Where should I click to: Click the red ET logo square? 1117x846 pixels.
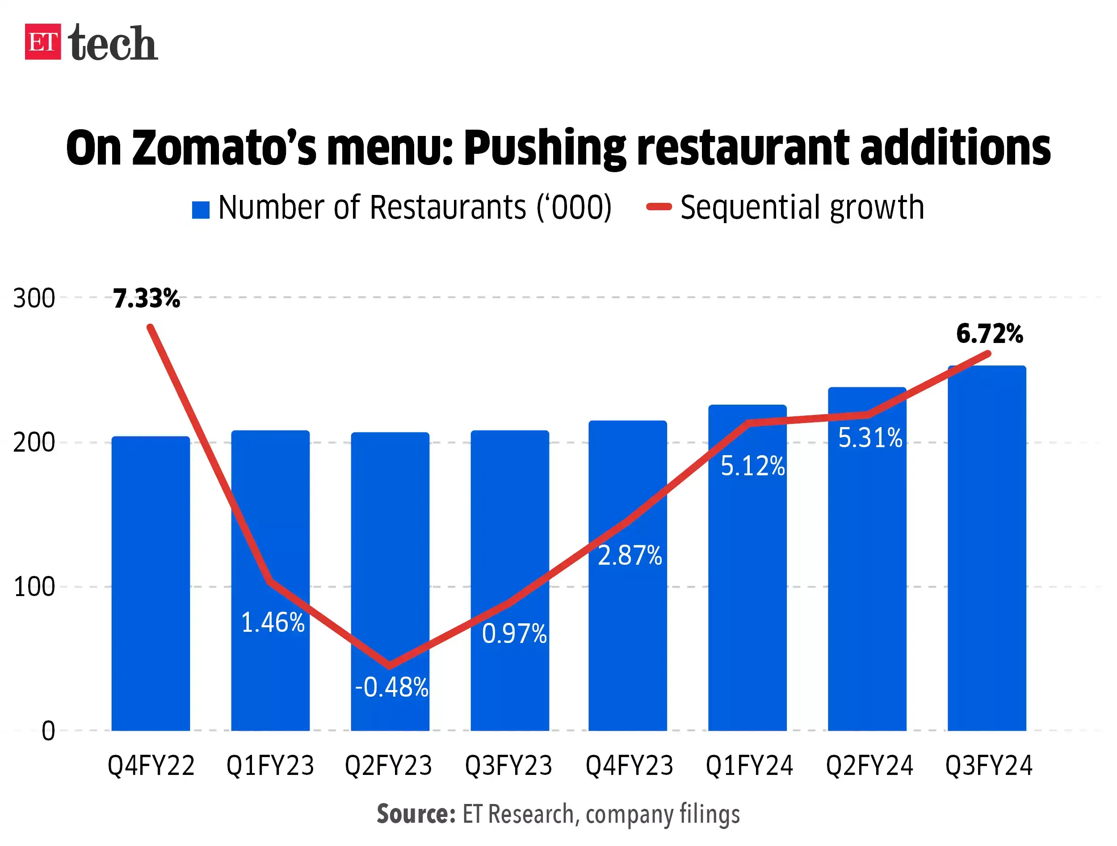43,42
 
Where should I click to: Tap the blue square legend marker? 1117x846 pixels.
201,210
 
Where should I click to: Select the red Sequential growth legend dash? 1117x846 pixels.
659,207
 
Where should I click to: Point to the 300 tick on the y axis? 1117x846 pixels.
34,298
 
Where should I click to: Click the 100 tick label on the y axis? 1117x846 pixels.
34,587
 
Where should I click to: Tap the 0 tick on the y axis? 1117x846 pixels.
48,731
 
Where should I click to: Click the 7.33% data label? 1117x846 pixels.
147,298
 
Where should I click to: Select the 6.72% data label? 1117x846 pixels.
989,334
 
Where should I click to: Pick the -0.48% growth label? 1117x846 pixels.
391,687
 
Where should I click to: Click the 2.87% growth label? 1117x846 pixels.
630,555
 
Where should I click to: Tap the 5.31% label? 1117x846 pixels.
869,438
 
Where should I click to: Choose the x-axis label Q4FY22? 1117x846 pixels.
151,766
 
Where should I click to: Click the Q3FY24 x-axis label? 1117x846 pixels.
988,766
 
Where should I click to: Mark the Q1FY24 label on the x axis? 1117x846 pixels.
749,766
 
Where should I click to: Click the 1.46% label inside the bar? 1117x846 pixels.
273,622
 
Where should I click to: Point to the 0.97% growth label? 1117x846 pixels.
514,634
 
